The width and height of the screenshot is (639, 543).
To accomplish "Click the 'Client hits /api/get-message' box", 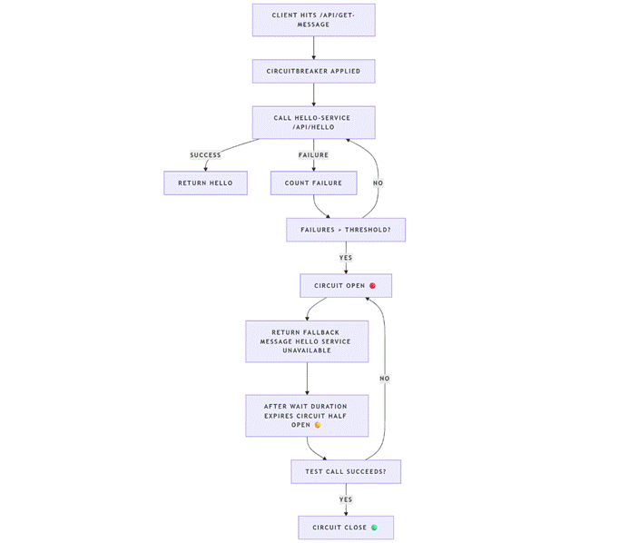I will coord(313,20).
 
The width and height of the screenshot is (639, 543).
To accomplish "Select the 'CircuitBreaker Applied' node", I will coord(313,71).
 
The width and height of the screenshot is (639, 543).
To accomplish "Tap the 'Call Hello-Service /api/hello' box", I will coord(313,123).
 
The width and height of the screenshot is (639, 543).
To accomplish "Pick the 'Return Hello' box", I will coord(205,183).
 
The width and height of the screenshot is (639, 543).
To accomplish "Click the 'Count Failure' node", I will coord(313,183).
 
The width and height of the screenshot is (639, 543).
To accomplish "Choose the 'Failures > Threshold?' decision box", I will coord(345,230).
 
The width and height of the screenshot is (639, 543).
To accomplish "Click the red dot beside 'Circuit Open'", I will coord(372,285).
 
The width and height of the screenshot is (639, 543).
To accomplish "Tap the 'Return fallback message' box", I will coord(307,341).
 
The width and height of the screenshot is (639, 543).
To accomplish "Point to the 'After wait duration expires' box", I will coord(307,415).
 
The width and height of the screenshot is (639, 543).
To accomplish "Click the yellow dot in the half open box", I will coord(318,425).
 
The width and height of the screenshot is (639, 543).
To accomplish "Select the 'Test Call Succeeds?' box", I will coord(345,471).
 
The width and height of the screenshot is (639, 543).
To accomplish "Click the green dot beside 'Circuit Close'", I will coord(374,528).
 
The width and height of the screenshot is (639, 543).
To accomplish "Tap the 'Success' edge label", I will coord(205,155).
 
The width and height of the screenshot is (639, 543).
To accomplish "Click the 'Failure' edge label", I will coord(313,155).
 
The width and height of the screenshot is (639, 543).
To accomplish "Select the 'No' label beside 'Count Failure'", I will coord(378,183).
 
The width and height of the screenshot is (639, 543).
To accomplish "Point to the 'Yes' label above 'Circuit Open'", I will coord(345,258).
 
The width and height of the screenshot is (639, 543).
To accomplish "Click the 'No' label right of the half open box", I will coord(385,378).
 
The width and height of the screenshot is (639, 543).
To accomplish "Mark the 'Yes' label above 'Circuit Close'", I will coord(345,499).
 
